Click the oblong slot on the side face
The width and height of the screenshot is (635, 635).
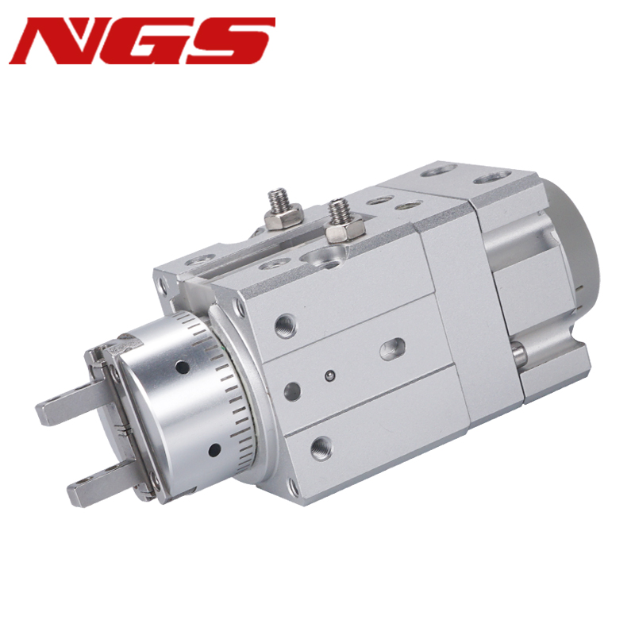pyautogui.click(x=392, y=349)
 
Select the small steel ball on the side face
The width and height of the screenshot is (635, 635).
pyautogui.click(x=330, y=376)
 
